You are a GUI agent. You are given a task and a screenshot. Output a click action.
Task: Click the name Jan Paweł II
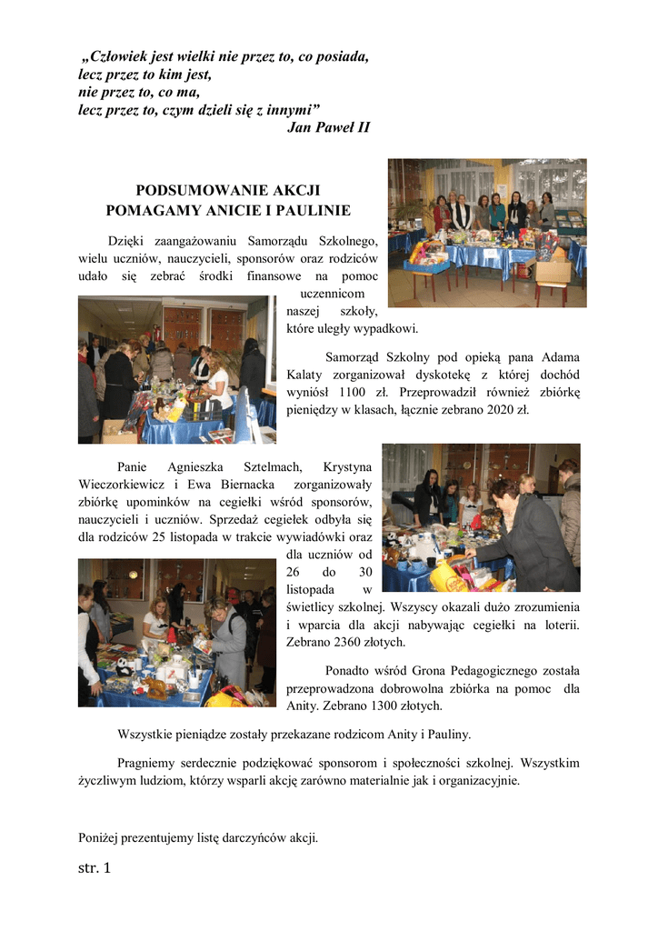coord(328,127)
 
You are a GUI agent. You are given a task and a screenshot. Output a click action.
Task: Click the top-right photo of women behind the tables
coord(486,233)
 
